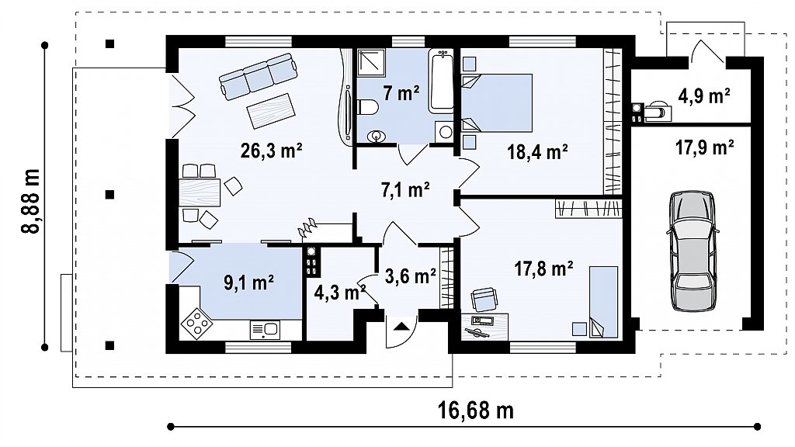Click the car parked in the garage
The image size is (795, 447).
(693, 251)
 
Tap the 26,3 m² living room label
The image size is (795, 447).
(271, 151)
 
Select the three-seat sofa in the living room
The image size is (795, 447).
(258, 75)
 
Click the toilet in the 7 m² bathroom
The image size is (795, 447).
(367, 107)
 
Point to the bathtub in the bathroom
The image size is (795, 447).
(441, 81)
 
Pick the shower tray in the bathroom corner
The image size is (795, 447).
(371, 62)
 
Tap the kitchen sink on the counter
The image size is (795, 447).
(264, 330)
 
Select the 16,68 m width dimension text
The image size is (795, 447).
(475, 410)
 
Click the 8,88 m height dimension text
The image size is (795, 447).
(31, 201)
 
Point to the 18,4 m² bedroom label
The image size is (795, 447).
(537, 151)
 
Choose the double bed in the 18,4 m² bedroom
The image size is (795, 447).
(496, 103)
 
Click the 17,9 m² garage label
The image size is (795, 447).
(705, 147)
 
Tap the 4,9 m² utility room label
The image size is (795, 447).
(703, 95)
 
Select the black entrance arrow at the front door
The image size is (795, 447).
(401, 325)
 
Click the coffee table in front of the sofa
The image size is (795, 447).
(270, 111)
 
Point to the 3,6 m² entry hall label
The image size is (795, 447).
(410, 276)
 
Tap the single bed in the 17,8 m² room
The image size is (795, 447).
(603, 302)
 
